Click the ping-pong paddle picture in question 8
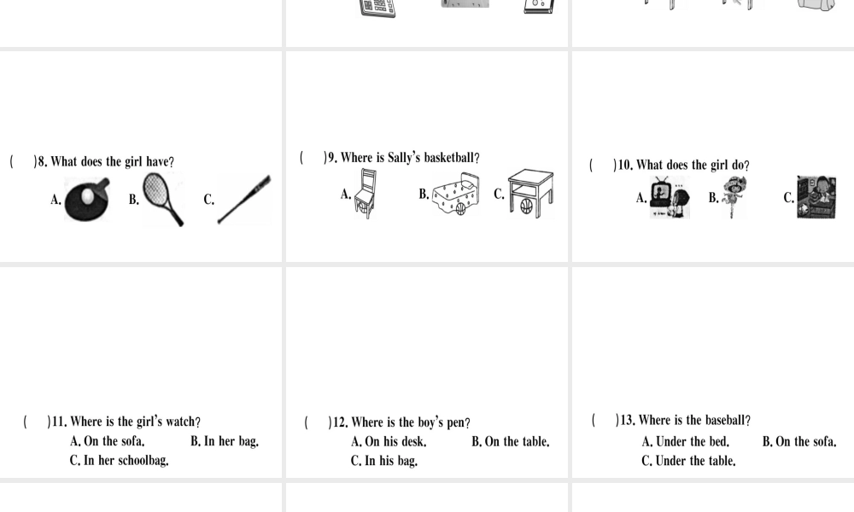point(87,200)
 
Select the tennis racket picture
point(162,199)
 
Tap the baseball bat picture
point(244,199)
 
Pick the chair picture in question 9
point(366,194)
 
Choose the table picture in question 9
point(530,194)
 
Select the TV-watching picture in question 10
point(670,197)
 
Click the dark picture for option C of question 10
point(816,197)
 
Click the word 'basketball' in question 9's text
point(449,158)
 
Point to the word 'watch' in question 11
point(180,422)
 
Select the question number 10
point(625,165)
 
